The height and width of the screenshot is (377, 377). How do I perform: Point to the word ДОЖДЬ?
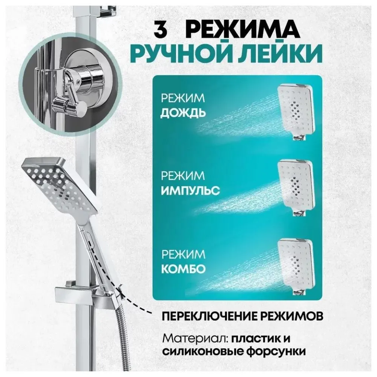click(183, 113)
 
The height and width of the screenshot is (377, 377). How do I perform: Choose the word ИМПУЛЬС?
click(190, 190)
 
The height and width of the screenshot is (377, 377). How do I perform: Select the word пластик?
click(255, 337)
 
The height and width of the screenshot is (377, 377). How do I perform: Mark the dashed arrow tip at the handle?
click(120, 288)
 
